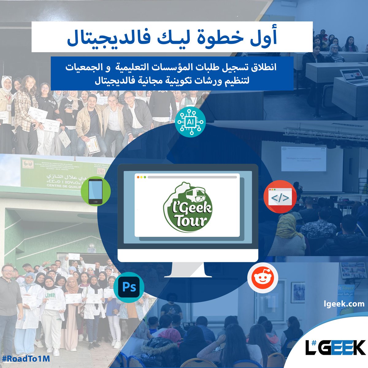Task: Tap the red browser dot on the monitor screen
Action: click(x=138, y=177)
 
